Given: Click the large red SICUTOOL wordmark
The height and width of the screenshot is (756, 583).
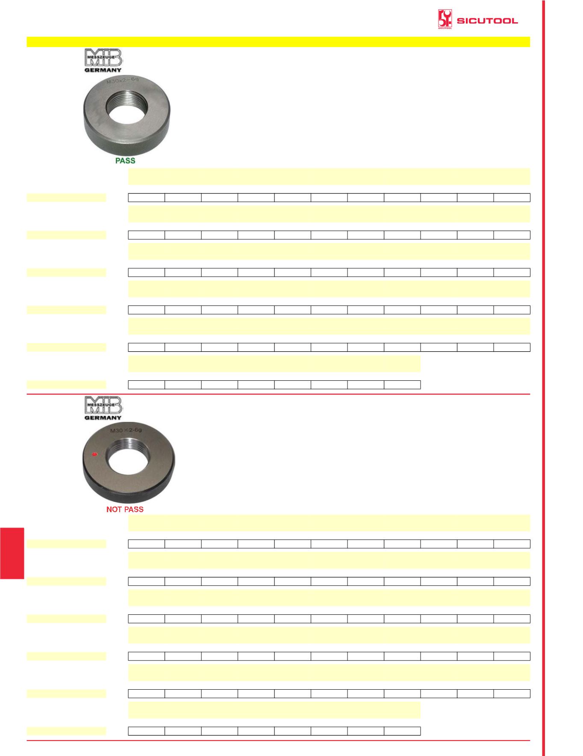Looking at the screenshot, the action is (x=487, y=21).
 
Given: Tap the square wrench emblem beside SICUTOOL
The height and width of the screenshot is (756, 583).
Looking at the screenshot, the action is (x=445, y=19).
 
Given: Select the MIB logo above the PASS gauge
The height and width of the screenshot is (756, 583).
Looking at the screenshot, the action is (x=103, y=58).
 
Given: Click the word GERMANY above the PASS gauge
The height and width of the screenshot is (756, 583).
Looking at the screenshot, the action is (x=103, y=70).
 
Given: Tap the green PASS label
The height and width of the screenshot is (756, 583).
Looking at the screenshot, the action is (x=125, y=160).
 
